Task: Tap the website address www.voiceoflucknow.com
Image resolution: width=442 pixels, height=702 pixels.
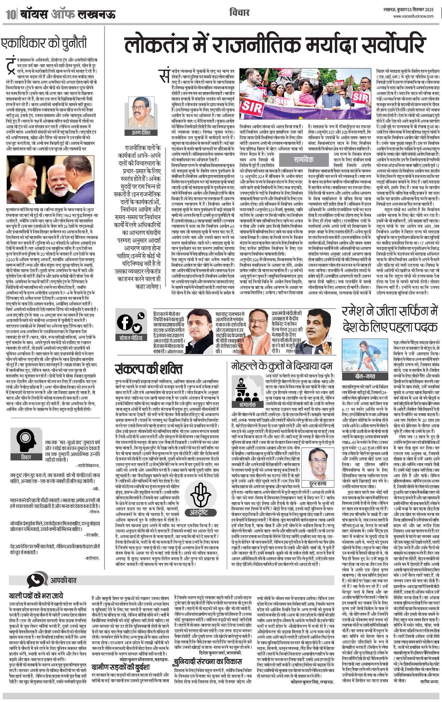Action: coord(413,16)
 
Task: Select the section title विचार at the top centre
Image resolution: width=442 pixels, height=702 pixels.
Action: coord(239,13)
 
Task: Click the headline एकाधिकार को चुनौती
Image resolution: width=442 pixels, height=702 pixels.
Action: coord(44,43)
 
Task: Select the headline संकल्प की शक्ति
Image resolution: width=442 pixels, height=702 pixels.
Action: coord(148,369)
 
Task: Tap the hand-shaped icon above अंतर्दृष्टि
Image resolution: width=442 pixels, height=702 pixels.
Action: coord(201,494)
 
